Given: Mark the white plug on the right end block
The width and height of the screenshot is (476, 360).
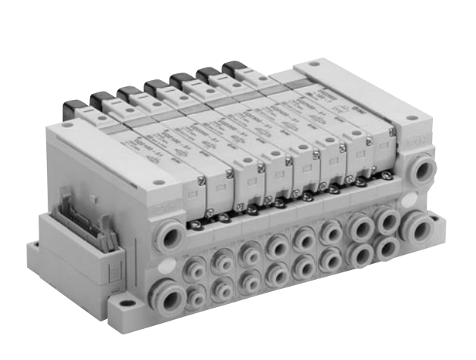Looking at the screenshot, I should (x=419, y=197).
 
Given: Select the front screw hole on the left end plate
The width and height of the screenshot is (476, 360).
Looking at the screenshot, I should (x=157, y=182).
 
